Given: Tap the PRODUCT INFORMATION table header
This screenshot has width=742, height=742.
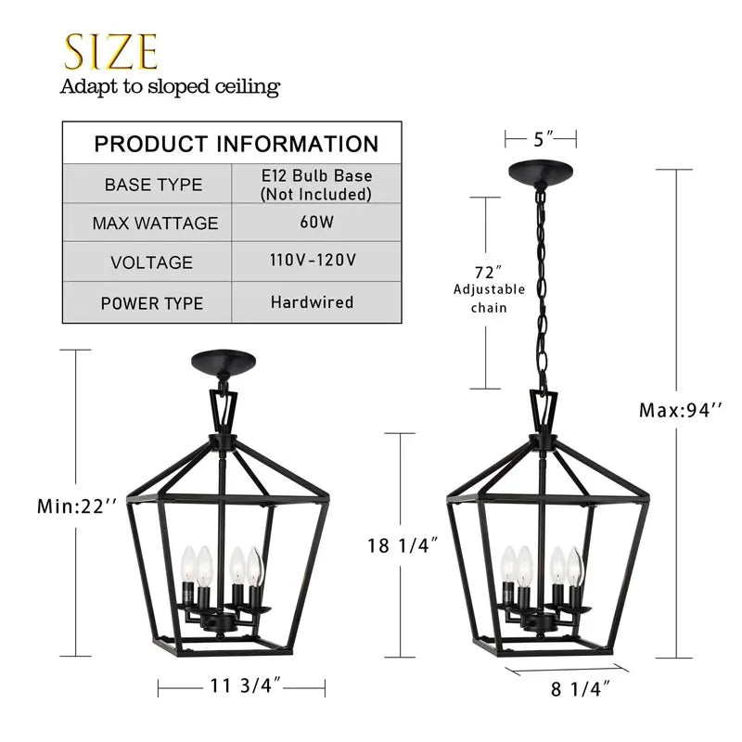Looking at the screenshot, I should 237,144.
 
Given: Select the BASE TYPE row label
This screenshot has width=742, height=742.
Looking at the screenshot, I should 153,185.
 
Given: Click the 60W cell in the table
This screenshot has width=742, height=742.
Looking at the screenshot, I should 316,223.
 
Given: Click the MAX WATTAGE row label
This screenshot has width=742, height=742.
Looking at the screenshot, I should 155,224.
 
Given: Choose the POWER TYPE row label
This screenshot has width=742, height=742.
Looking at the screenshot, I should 152,303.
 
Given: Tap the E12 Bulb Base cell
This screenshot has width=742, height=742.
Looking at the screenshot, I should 316,185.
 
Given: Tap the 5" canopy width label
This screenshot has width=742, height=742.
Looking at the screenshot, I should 542,139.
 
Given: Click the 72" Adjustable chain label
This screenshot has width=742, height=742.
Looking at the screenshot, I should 489,288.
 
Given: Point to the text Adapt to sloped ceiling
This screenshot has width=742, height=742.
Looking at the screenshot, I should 170,87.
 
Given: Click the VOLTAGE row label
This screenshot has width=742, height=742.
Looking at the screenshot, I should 152,262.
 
